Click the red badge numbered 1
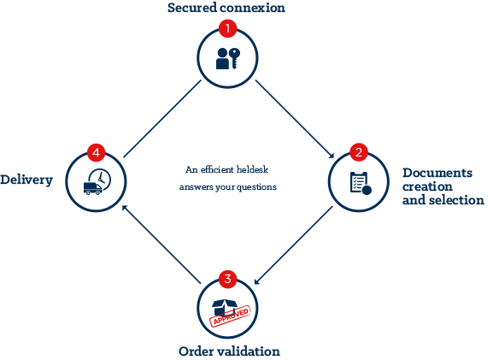pyautogui.click(x=227, y=28)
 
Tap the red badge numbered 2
pyautogui.click(x=359, y=152)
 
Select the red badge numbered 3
pyautogui.click(x=227, y=279)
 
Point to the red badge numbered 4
pyautogui.click(x=97, y=152)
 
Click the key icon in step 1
pyautogui.click(x=235, y=58)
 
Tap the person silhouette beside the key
pyautogui.click(x=222, y=59)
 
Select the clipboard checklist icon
pyautogui.click(x=361, y=183)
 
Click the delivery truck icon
pyautogui.click(x=93, y=188)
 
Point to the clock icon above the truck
pyautogui.click(x=100, y=179)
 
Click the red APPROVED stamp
pyautogui.click(x=231, y=316)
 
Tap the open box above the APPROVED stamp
pyautogui.click(x=225, y=306)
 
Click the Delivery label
pyautogui.click(x=26, y=180)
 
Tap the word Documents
pyautogui.click(x=437, y=173)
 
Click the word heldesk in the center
pyautogui.click(x=252, y=169)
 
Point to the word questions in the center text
pyautogui.click(x=256, y=187)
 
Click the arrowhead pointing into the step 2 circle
pyautogui.click(x=331, y=155)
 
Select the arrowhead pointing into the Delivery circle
pyautogui.click(x=125, y=209)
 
